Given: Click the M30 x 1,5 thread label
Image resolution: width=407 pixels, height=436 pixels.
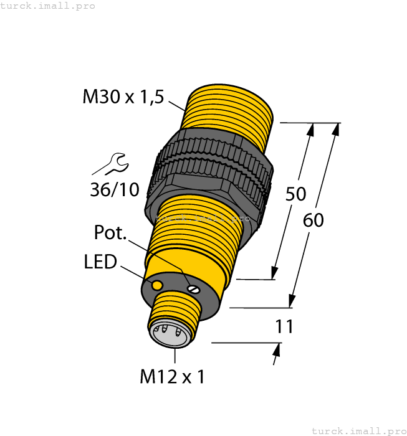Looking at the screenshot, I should [123, 97].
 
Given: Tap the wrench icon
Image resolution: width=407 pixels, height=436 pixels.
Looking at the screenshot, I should [111, 165].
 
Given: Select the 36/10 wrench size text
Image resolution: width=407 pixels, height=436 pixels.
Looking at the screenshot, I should [115, 189].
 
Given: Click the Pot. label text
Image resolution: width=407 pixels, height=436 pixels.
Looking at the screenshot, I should [110, 233].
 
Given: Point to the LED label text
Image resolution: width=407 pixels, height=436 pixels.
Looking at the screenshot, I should [100, 262].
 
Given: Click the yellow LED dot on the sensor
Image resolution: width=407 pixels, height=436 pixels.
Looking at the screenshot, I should [158, 285].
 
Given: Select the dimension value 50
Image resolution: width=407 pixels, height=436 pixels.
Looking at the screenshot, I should [295, 194].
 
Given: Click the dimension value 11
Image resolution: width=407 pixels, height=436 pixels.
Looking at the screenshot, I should [284, 326].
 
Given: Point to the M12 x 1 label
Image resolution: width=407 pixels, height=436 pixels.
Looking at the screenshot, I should [173, 377].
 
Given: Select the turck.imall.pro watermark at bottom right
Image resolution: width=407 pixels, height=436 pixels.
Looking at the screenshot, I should [358, 430].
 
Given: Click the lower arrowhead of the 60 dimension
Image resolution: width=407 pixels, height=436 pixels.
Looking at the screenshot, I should [292, 301].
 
